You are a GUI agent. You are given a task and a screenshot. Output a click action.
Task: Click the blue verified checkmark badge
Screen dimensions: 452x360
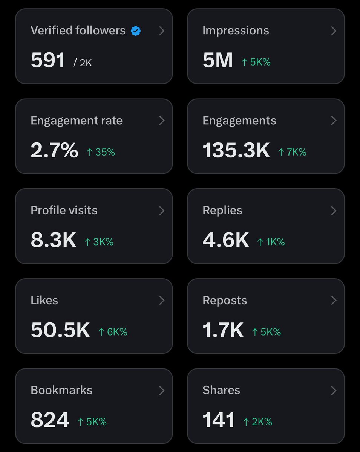(x=136, y=31)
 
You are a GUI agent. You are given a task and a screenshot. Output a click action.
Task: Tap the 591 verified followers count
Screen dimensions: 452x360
(x=48, y=60)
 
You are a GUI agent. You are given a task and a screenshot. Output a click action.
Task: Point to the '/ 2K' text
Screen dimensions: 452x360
(x=83, y=63)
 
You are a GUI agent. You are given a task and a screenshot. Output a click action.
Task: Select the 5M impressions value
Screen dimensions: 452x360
(x=218, y=60)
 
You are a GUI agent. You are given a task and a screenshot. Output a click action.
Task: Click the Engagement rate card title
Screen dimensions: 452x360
(x=77, y=121)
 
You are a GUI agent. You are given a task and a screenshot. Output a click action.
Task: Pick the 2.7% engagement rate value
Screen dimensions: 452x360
(x=54, y=150)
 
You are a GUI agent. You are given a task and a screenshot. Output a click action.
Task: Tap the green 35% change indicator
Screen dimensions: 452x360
(x=101, y=152)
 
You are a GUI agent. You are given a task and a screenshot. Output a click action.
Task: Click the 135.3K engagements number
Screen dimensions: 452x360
(x=236, y=150)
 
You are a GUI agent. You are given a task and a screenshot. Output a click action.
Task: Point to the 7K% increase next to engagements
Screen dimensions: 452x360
(x=292, y=152)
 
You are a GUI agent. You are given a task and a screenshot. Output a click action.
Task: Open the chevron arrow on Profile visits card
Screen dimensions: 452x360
(x=162, y=211)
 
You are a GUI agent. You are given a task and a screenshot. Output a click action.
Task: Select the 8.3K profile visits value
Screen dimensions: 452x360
(x=53, y=240)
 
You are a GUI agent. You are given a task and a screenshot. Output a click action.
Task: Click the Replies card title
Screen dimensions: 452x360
(x=222, y=210)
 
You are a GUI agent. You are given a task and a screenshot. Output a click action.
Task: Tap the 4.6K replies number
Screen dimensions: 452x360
(x=225, y=240)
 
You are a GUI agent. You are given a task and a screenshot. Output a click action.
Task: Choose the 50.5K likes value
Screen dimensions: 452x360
(x=60, y=330)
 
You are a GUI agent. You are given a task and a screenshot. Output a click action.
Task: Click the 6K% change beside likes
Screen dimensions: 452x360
(x=113, y=332)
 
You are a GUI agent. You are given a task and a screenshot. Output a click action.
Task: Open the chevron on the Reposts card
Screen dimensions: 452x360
(x=334, y=300)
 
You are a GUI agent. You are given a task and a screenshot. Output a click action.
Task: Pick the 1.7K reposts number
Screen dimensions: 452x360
(x=223, y=330)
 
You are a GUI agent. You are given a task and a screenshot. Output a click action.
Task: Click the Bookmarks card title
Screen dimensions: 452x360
(x=61, y=390)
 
